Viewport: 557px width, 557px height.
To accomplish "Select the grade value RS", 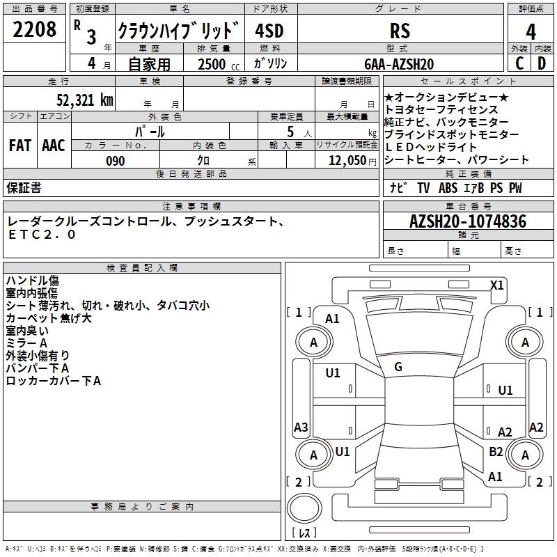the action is (400, 31).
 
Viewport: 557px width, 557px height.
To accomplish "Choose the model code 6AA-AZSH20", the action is (400, 64).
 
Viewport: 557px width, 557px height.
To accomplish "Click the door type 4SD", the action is (270, 31).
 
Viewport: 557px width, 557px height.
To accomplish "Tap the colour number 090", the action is (115, 161).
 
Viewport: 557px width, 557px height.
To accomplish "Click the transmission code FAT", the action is (19, 146).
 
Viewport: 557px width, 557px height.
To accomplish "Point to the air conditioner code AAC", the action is (54, 146).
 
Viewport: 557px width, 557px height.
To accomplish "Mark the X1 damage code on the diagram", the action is (497, 285).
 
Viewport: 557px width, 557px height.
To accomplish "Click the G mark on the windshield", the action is (398, 367).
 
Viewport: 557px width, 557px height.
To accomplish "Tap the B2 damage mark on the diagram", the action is (496, 451).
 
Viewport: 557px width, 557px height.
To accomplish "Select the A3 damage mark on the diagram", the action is (301, 427).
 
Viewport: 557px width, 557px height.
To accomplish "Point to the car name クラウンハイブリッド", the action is (179, 31).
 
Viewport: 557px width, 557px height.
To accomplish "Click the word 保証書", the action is (24, 188).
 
